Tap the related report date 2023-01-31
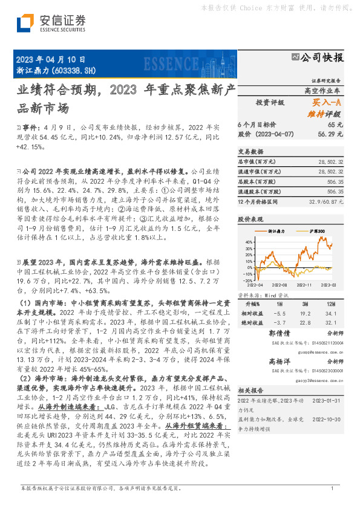(329, 401)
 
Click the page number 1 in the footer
(332, 489)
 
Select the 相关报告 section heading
(250, 391)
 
